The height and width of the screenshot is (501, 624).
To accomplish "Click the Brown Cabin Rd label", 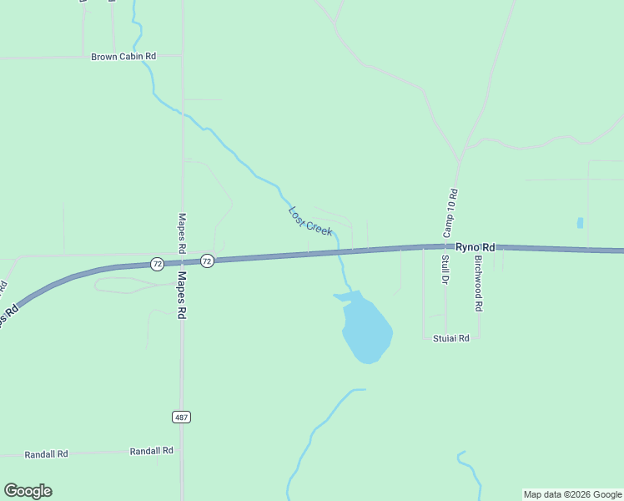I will tap(123, 57).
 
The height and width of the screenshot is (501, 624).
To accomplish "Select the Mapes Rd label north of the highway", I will tap(181, 233).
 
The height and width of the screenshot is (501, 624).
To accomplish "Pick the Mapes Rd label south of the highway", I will tap(181, 296).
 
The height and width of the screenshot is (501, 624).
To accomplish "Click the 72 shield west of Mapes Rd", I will tap(157, 264).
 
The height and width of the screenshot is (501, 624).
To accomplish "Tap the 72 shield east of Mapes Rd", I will tap(207, 261).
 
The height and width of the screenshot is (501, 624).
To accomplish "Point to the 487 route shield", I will tap(181, 416).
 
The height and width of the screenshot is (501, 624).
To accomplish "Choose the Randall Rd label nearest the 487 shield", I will tap(151, 451).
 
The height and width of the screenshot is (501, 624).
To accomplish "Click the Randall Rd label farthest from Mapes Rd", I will tap(46, 454).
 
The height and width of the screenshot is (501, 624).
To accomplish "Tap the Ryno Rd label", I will tap(476, 247).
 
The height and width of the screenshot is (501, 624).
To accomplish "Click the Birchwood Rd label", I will tap(478, 282).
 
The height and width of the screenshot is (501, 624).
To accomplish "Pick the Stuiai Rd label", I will tap(451, 338).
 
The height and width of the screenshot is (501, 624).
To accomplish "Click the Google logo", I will tap(28, 491).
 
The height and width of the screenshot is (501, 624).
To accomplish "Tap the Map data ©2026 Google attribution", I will tap(573, 494).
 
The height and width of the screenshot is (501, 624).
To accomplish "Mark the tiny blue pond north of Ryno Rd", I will tap(580, 223).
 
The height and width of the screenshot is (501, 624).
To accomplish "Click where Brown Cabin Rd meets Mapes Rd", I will tap(181, 56).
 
